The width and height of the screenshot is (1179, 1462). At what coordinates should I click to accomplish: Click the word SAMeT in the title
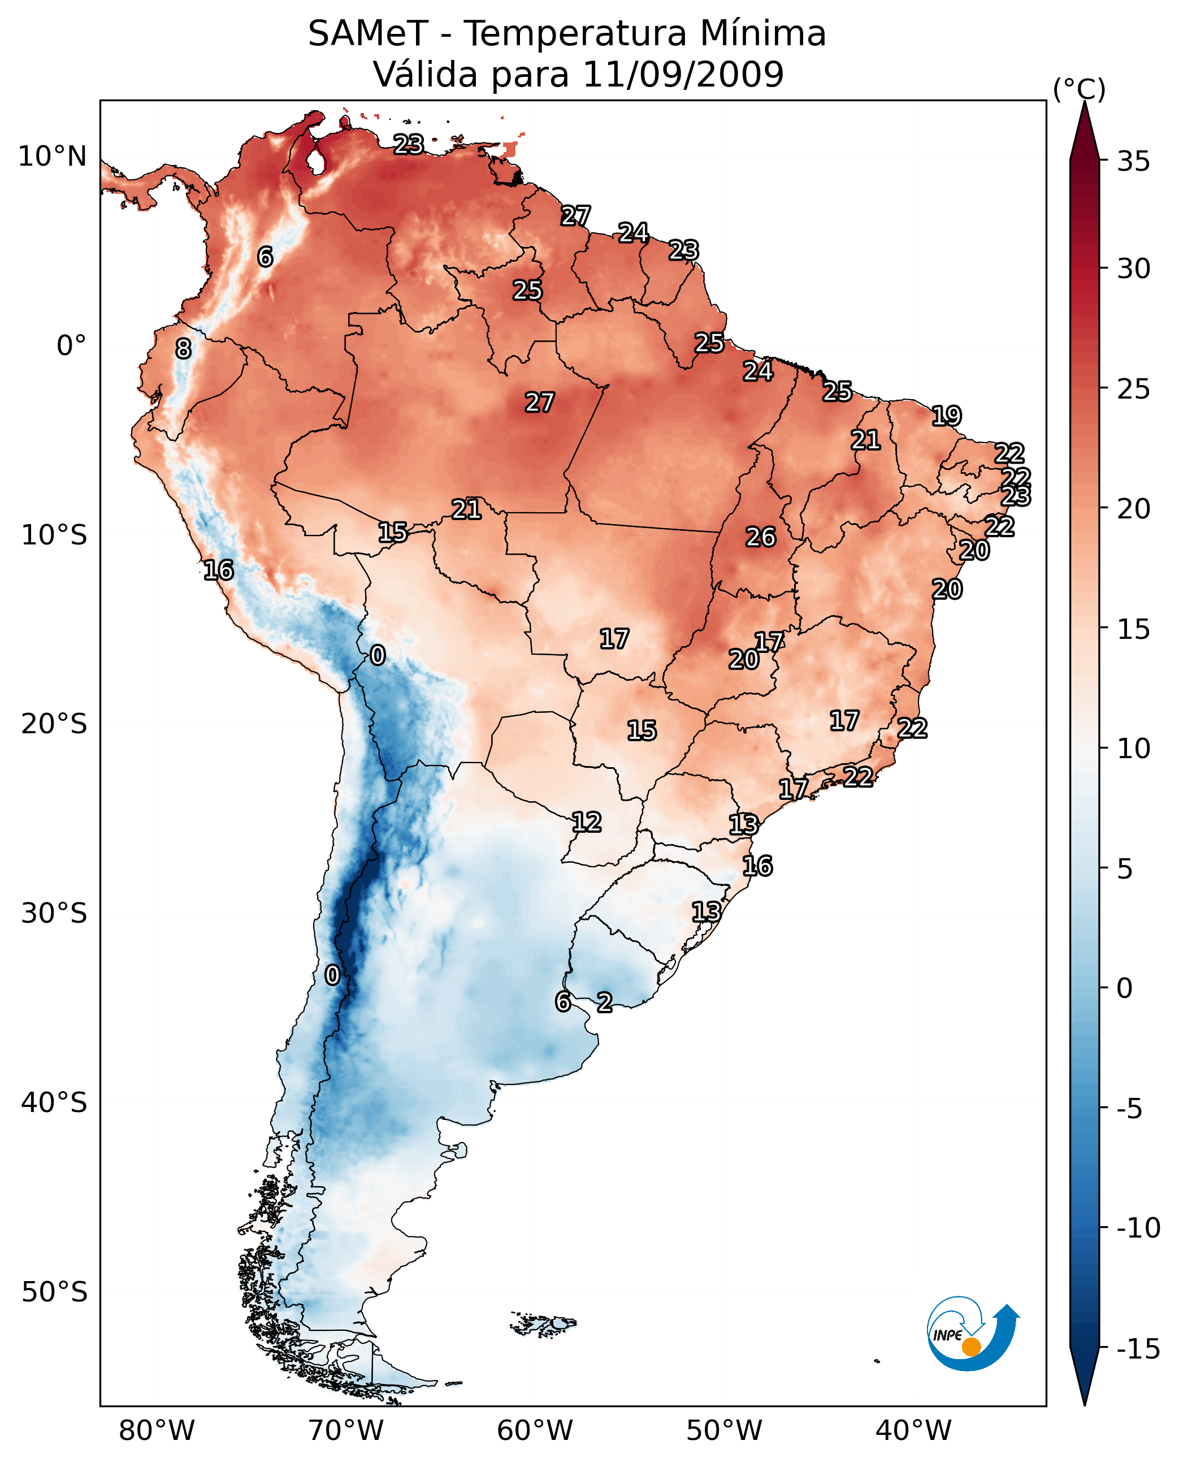[x=367, y=34]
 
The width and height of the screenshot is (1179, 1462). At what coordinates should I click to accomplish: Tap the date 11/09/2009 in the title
[x=683, y=74]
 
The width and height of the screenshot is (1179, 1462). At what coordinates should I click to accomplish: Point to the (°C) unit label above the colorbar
[x=1078, y=89]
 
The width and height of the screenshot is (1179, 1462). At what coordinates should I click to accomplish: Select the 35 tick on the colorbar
[x=1133, y=162]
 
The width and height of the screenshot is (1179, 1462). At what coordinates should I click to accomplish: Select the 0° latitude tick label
[x=71, y=346]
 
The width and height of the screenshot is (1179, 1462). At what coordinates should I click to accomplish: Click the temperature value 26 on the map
[x=761, y=538]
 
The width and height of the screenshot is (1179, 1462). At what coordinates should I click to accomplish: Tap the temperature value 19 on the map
[x=946, y=416]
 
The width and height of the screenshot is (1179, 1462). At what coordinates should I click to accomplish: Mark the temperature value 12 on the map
[x=586, y=822]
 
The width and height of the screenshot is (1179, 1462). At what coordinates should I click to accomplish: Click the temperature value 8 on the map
[x=183, y=349]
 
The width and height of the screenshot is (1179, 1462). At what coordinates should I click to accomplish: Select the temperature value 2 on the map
[x=604, y=1002]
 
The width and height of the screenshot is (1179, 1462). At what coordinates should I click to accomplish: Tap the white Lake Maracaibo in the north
[x=315, y=162]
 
